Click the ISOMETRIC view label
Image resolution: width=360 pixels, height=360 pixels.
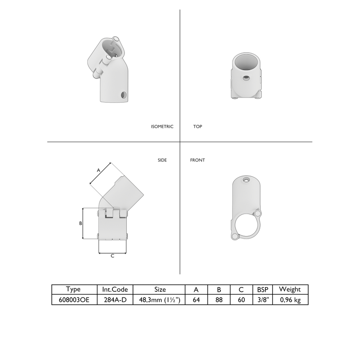(x=162, y=127)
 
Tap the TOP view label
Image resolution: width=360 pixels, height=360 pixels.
(x=198, y=127)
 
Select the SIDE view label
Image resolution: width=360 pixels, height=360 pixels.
(x=162, y=160)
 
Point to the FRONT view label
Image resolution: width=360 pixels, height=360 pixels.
(x=197, y=160)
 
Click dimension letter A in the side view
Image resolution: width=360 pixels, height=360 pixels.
(x=98, y=170)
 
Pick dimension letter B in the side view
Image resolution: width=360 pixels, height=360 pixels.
(x=81, y=224)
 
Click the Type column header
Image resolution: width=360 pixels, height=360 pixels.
(x=73, y=289)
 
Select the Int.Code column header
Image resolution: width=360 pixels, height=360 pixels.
(x=115, y=289)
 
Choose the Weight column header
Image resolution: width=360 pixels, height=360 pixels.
(x=289, y=289)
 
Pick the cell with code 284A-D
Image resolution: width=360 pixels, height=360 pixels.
(x=115, y=300)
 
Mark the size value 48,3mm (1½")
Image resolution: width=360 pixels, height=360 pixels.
(x=160, y=300)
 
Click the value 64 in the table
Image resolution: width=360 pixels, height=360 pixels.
(x=196, y=300)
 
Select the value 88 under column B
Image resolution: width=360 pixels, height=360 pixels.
(x=219, y=300)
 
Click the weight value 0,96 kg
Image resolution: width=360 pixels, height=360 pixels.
(x=289, y=300)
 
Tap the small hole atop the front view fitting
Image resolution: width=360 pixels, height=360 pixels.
(x=246, y=180)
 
